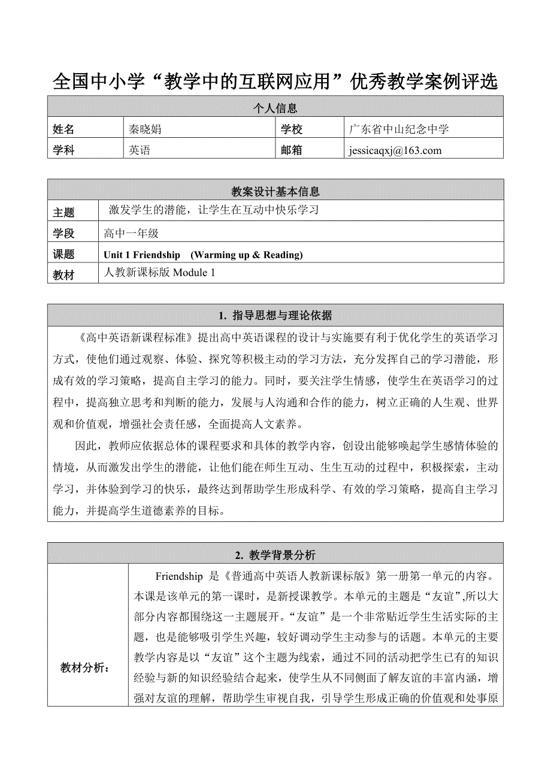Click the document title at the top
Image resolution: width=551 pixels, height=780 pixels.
coord(275,81)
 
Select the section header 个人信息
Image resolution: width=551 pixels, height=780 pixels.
coord(275,108)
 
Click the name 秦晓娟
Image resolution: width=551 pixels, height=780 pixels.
coord(146,129)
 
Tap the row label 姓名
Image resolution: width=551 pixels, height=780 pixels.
coord(64,129)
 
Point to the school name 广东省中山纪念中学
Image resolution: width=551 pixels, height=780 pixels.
coord(399,129)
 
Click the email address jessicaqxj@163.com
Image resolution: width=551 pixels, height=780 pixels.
coord(394,150)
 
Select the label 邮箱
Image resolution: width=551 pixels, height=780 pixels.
coord(292,150)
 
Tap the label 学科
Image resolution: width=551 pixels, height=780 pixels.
coord(64,150)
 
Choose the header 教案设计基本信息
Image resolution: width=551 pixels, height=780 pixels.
coord(275,192)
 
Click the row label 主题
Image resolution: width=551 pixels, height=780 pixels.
coord(64,213)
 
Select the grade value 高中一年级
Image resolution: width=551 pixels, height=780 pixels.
coord(131,234)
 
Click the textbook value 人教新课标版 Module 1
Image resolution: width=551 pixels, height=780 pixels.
coord(159,273)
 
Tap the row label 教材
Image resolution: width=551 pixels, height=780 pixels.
coord(64,275)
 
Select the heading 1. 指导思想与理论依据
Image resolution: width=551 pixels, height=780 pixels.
coord(275,316)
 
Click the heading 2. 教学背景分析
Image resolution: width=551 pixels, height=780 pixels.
coord(275,555)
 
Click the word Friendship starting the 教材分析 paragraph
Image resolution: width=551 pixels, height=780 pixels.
coord(179,577)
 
